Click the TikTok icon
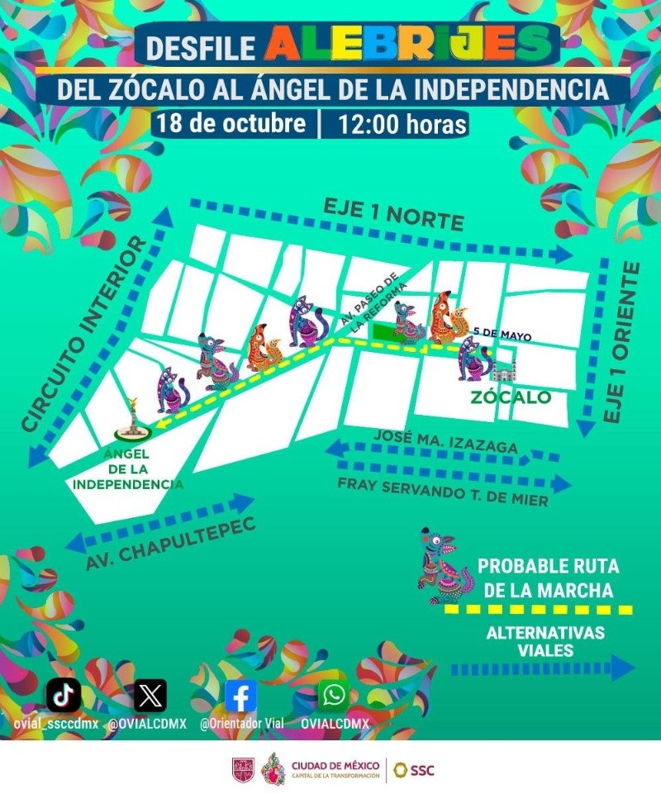pyautogui.click(x=64, y=695)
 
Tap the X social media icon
pyautogui.click(x=150, y=695)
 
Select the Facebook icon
pyautogui.click(x=240, y=696)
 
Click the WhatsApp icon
pyautogui.click(x=334, y=695)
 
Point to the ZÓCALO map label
pyautogui.click(x=511, y=397)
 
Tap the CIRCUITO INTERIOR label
pyautogui.click(x=83, y=335)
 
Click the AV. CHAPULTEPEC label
pyautogui.click(x=169, y=544)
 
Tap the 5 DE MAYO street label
pyautogui.click(x=502, y=335)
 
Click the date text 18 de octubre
pyautogui.click(x=231, y=124)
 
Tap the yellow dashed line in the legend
pyautogui.click(x=538, y=610)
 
